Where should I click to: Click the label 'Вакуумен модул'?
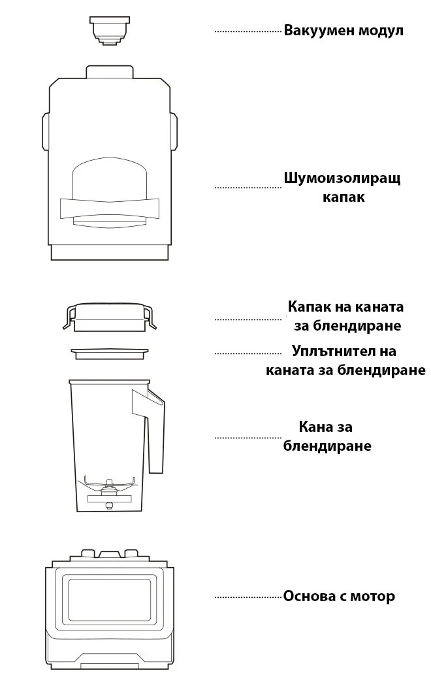click(x=343, y=31)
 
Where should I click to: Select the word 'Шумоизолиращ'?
click(x=342, y=179)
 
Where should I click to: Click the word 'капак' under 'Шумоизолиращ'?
click(x=343, y=197)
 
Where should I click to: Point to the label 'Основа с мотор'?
click(x=339, y=596)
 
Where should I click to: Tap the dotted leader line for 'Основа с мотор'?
click(x=248, y=597)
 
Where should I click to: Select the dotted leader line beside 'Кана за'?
click(x=248, y=437)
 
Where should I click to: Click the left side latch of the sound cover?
click(x=46, y=131)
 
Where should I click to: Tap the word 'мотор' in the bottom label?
click(x=374, y=596)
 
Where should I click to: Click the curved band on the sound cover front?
click(x=109, y=208)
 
